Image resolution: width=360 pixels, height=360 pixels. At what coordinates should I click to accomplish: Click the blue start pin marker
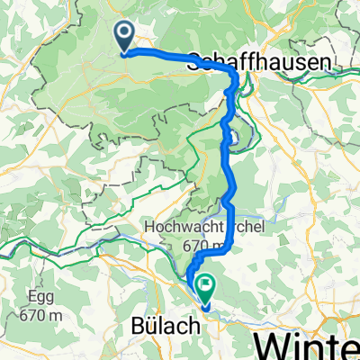(x=123, y=36)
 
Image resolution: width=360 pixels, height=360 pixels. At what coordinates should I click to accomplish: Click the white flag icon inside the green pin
(x=206, y=287)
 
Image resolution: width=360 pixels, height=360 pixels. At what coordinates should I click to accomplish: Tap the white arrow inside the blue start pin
(x=123, y=33)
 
